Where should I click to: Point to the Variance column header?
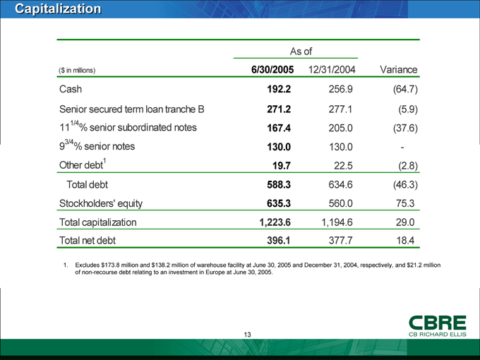[x=400, y=70]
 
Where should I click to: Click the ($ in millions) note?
[x=78, y=71]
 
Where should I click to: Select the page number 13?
[x=248, y=334]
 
